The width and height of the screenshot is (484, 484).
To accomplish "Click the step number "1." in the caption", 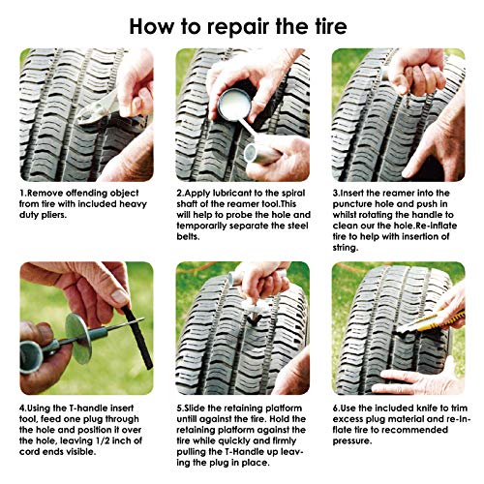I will (x=24, y=194).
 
